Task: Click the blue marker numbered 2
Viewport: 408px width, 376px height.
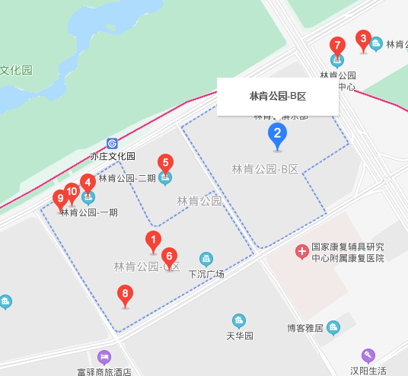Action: pos(278,135)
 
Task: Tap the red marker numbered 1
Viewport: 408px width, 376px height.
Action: pos(153,241)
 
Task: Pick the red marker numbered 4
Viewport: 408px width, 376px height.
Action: pos(88,182)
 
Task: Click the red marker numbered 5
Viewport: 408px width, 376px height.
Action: pos(165,162)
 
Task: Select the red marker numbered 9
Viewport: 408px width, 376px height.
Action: pos(60,199)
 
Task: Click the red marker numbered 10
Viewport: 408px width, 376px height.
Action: pos(72,192)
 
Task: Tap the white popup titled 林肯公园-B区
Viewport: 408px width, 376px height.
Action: pos(277,97)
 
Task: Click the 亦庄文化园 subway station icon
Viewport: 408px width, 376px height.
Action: pos(113,143)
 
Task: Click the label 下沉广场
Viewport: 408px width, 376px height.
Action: pos(206,274)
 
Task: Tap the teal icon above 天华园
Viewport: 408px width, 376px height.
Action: pos(239,320)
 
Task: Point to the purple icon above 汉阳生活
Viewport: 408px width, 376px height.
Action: pos(368,355)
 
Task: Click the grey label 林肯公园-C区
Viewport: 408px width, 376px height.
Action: pos(146,266)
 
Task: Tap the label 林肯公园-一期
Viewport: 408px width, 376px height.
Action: pos(89,212)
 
